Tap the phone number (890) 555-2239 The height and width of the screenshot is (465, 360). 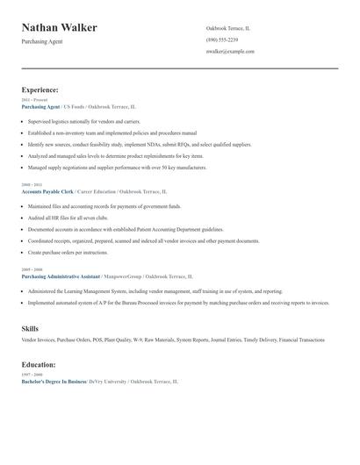pyautogui.click(x=221, y=39)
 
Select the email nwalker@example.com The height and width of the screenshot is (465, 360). pyautogui.click(x=230, y=51)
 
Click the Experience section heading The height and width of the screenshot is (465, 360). pyautogui.click(x=40, y=89)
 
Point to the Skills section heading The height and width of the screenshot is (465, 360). pyautogui.click(x=30, y=328)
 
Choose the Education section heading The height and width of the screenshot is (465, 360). pyautogui.click(x=39, y=363)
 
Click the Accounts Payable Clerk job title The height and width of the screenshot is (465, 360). pyautogui.click(x=48, y=191)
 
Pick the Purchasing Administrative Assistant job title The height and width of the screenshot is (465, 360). pyautogui.click(x=61, y=275)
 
